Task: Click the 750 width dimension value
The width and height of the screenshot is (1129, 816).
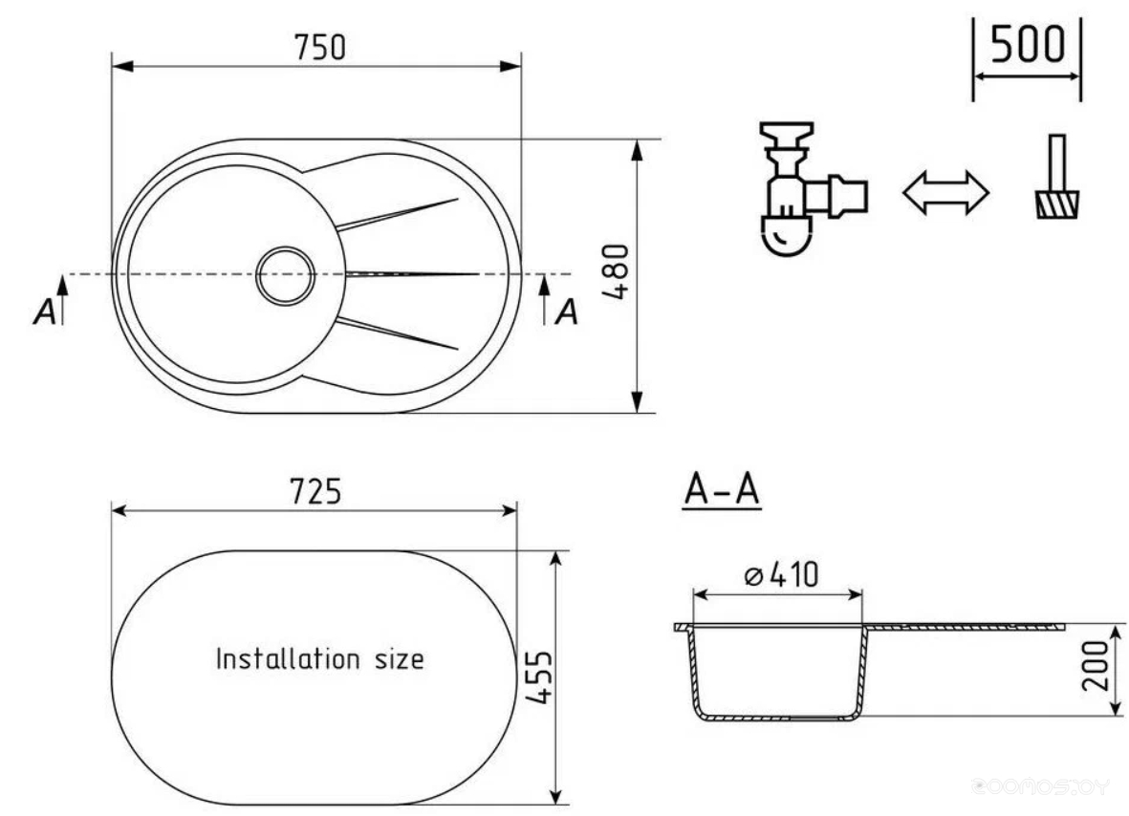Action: click(319, 48)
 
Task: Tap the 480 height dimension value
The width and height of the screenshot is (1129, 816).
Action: click(616, 272)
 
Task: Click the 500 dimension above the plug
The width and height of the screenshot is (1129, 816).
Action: click(1028, 44)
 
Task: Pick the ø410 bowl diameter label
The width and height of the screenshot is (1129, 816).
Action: click(781, 575)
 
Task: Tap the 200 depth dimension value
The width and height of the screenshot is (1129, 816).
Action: click(1096, 666)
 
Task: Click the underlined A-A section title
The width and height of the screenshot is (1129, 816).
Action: click(722, 490)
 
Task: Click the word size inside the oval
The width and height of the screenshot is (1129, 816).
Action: click(400, 660)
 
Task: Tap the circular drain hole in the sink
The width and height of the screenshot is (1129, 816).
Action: click(286, 275)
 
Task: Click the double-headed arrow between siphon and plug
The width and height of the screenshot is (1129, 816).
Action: click(945, 193)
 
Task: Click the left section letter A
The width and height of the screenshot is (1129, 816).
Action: click(45, 312)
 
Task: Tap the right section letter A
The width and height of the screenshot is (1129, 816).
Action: click(567, 312)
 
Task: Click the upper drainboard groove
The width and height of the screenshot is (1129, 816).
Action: click(398, 214)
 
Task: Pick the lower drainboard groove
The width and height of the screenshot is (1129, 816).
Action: click(398, 333)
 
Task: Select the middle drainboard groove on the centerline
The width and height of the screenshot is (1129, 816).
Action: click(413, 274)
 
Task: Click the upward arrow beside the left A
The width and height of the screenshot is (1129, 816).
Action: click(63, 299)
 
